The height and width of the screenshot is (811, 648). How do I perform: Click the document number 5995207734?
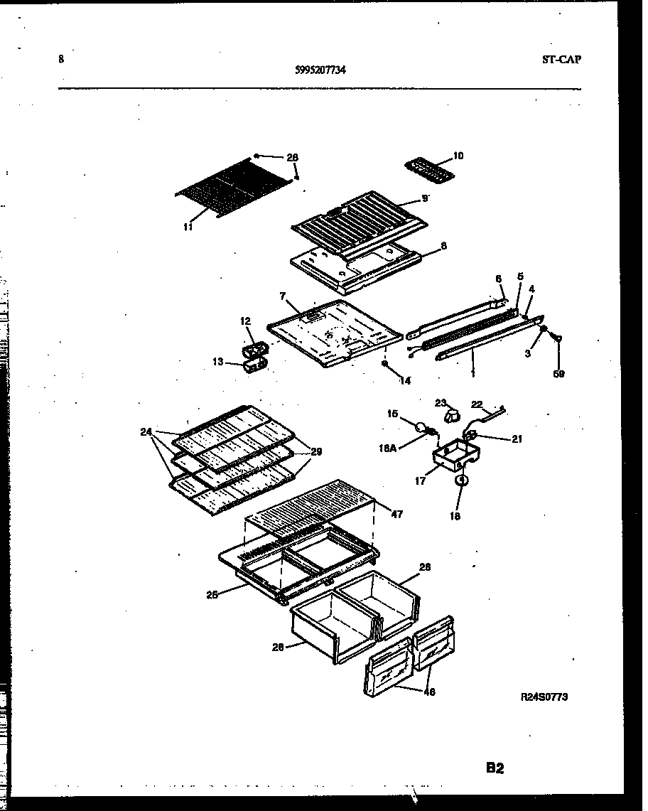tap(320, 70)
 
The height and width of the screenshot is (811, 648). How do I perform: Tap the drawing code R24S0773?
tap(545, 697)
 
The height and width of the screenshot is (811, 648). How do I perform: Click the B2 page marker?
tap(495, 768)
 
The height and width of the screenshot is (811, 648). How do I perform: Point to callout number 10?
tap(458, 155)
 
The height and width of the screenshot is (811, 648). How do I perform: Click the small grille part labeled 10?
tap(427, 168)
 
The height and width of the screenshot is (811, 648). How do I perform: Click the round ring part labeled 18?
tap(461, 481)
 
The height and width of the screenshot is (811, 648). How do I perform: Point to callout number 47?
tap(396, 513)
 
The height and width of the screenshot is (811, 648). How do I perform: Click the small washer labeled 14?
tap(384, 364)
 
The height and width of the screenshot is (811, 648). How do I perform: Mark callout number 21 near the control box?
tap(517, 439)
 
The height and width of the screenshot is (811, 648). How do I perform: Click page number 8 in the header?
tap(61, 60)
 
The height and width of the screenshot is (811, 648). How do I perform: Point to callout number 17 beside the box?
tap(421, 481)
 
